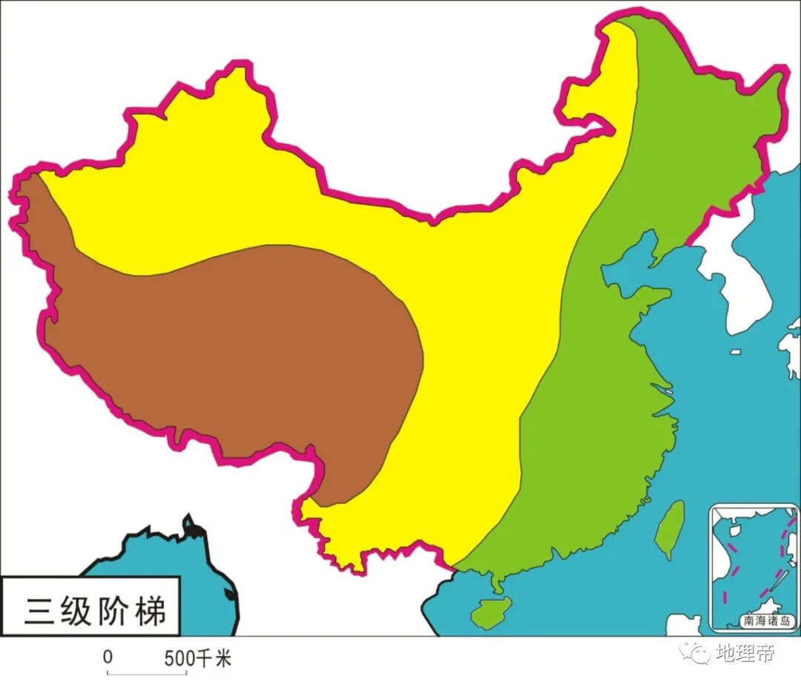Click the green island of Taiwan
click(x=670, y=528)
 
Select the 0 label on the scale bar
click(x=108, y=658)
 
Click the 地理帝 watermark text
click(x=745, y=653)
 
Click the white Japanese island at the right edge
click(x=791, y=345)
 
